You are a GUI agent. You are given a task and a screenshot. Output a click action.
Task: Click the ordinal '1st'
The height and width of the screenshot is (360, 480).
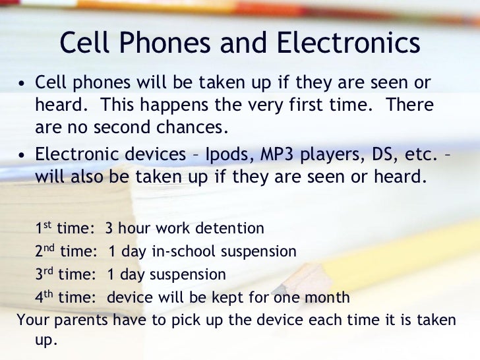(x=43, y=229)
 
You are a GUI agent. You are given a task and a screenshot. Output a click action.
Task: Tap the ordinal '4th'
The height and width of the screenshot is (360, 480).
(x=44, y=297)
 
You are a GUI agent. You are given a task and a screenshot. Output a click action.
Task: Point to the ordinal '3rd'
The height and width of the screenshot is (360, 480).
(x=44, y=274)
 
